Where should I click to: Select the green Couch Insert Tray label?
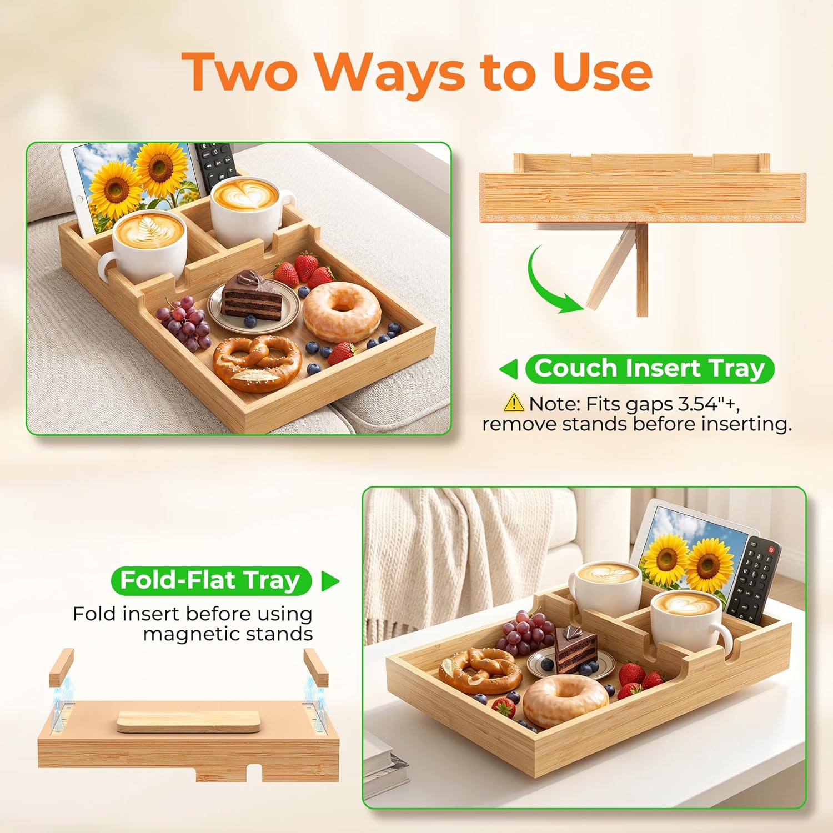[649, 369]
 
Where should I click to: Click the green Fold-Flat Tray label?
[211, 581]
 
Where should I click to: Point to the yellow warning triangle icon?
[514, 402]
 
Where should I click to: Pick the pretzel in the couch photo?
[258, 362]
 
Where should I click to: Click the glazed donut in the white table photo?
[565, 701]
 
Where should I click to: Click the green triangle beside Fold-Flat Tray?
[330, 581]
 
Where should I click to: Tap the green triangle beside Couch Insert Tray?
[509, 369]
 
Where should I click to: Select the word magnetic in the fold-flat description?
[197, 635]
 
